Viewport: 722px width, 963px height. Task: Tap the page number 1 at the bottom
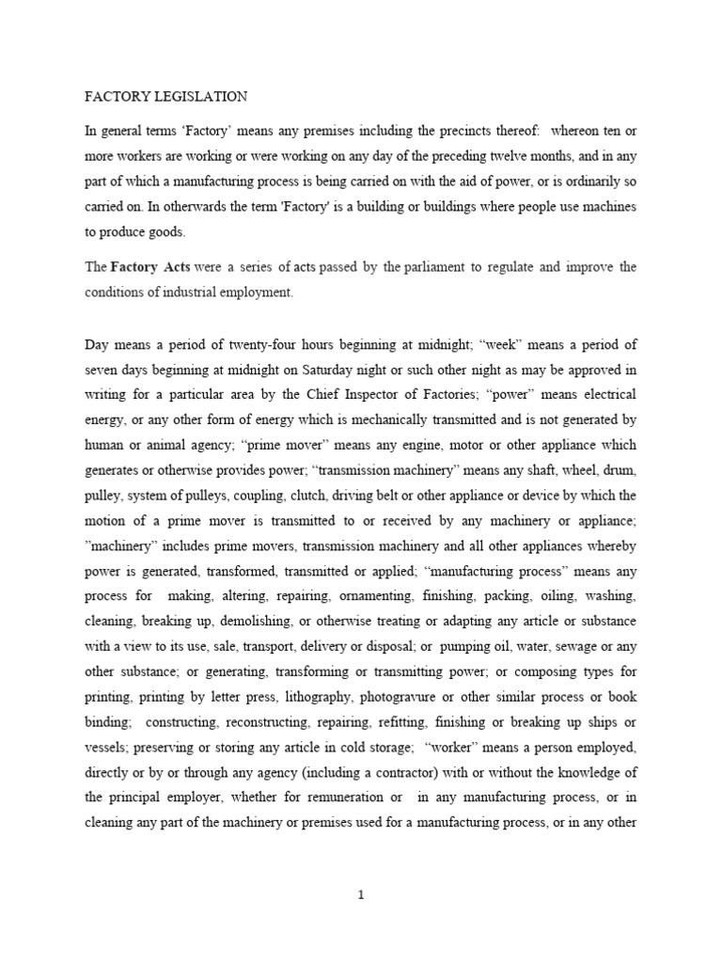click(360, 895)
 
